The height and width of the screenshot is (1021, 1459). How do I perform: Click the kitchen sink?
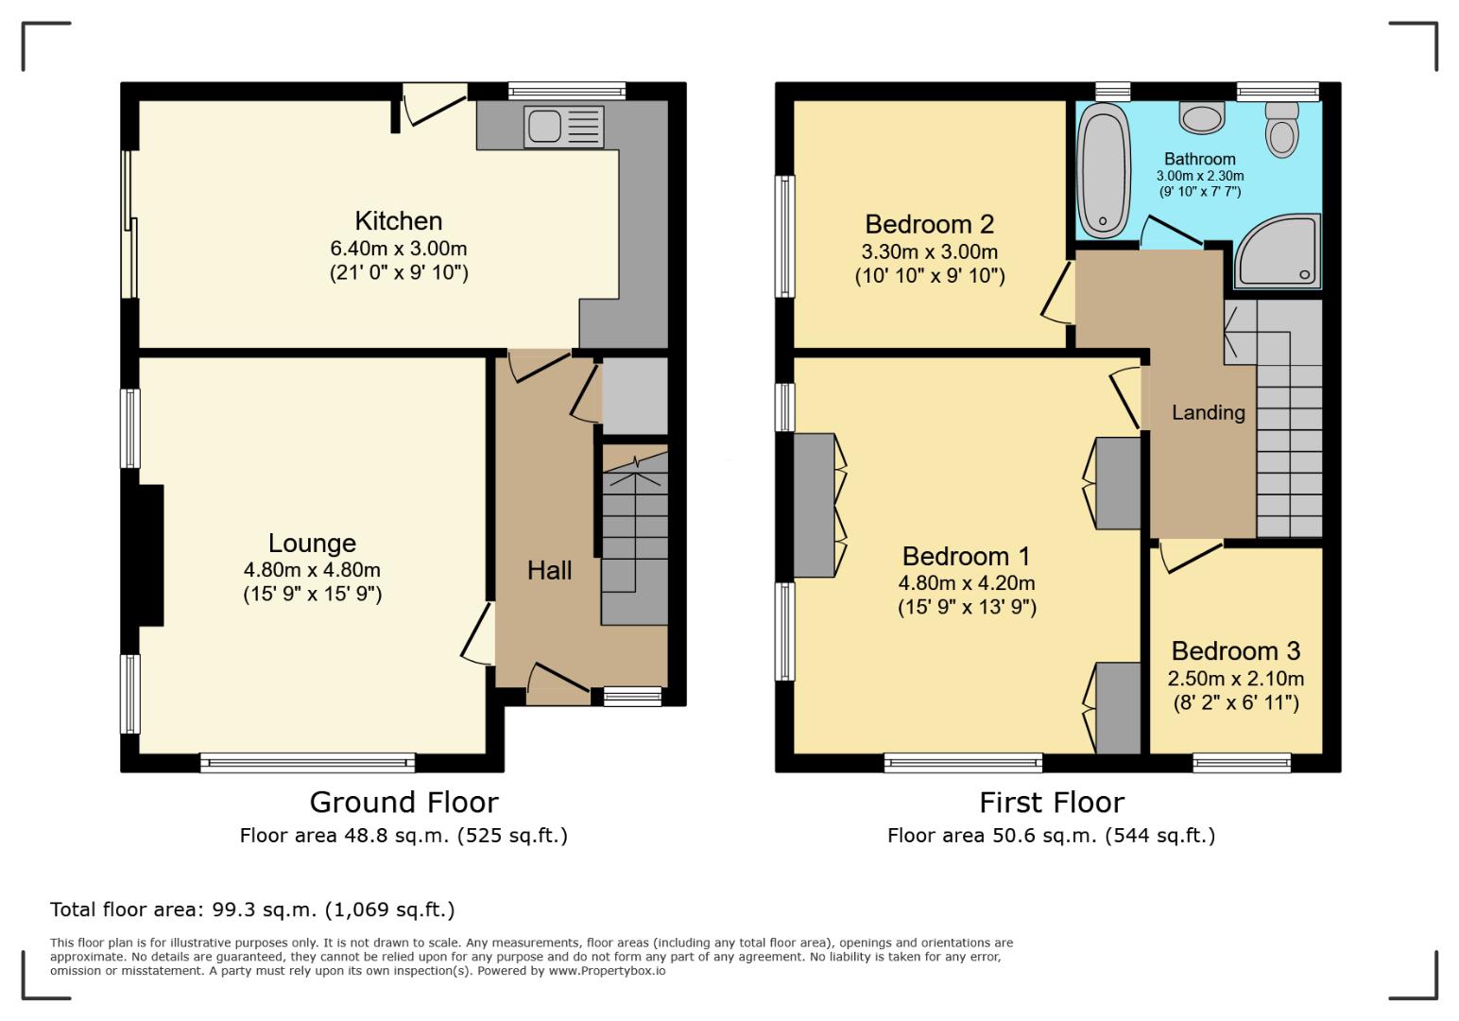pyautogui.click(x=563, y=127)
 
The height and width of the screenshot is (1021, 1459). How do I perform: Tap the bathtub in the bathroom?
pyautogui.click(x=1102, y=171)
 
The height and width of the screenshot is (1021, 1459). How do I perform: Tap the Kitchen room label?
pyautogui.click(x=398, y=221)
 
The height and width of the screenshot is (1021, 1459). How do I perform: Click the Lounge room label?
pyautogui.click(x=312, y=544)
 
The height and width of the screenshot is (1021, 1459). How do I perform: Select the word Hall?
pyautogui.click(x=549, y=570)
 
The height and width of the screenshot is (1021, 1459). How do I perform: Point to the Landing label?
pyautogui.click(x=1208, y=412)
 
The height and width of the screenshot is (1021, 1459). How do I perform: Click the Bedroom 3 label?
pyautogui.click(x=1235, y=651)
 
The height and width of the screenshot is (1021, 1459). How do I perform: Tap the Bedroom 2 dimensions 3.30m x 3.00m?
pyautogui.click(x=929, y=252)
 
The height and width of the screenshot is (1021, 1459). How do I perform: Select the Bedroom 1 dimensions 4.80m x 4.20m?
pyautogui.click(x=967, y=583)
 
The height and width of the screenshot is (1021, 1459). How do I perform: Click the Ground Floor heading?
pyautogui.click(x=403, y=803)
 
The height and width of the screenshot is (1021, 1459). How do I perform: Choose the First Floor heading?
pyautogui.click(x=1051, y=803)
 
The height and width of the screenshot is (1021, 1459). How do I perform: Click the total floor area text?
pyautogui.click(x=252, y=910)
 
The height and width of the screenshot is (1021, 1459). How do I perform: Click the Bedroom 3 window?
pyautogui.click(x=1242, y=762)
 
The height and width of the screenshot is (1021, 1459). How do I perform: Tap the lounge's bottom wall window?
pyautogui.click(x=307, y=762)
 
